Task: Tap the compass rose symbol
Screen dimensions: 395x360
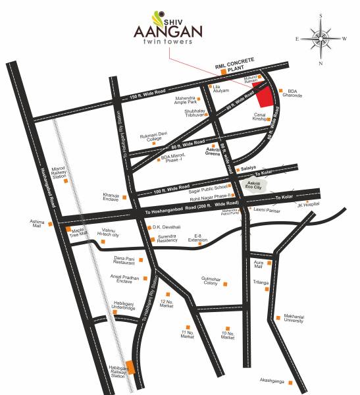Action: (x=321, y=38)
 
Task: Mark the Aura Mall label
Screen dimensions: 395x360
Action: (x=258, y=263)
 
